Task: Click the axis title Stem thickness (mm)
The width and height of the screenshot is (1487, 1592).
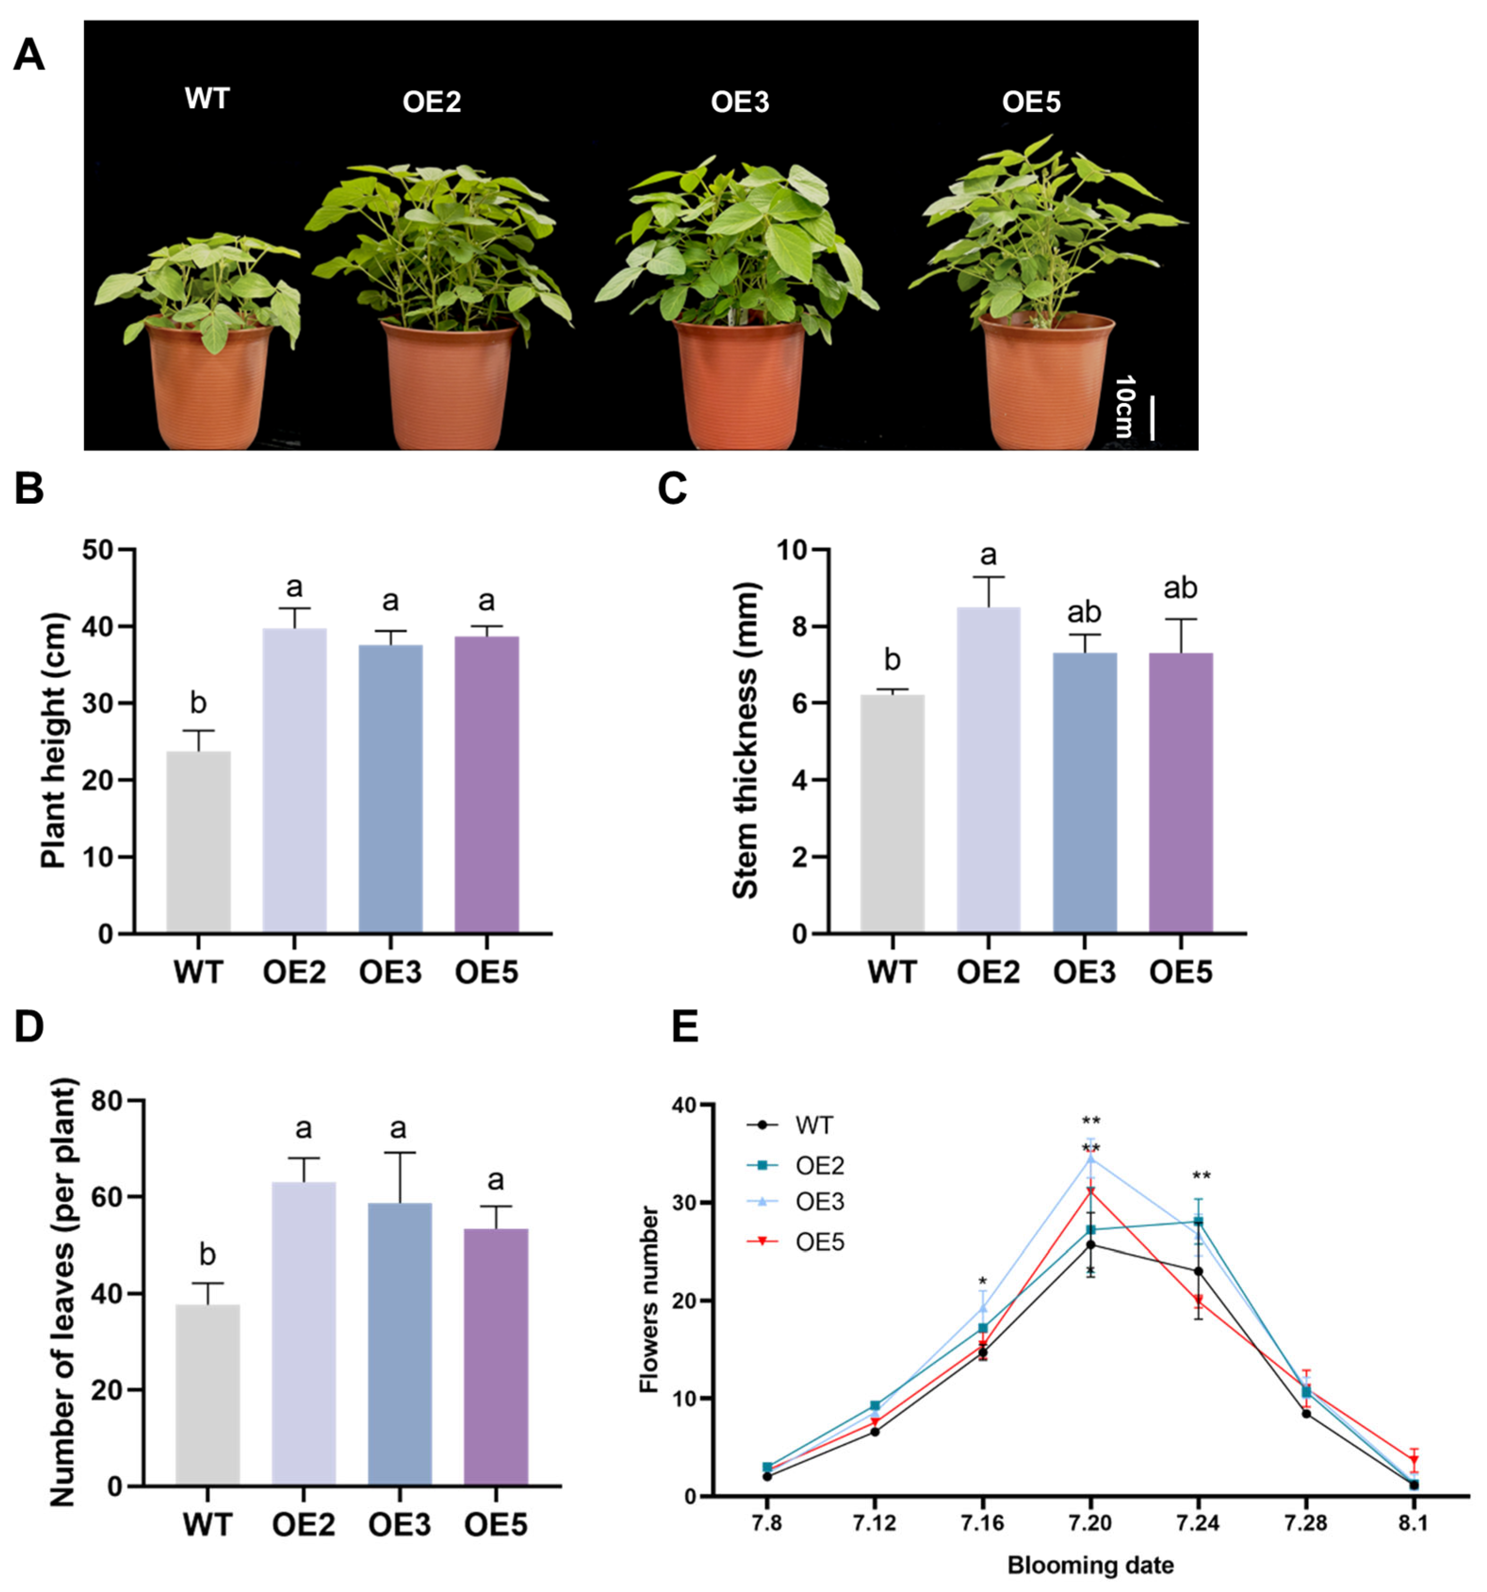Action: point(746,741)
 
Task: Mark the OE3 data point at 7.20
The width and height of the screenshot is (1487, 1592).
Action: point(1090,1158)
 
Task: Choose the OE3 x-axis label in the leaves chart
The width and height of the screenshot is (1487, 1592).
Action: point(399,1526)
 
